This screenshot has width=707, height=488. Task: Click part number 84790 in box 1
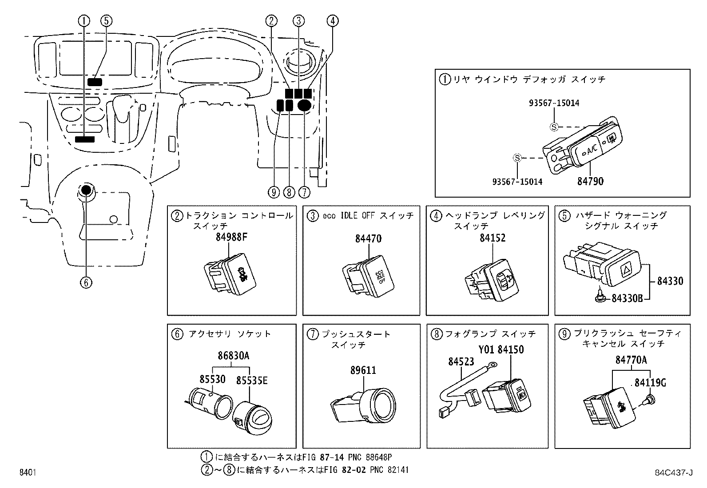coord(590,181)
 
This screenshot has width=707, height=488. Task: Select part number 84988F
coord(231,238)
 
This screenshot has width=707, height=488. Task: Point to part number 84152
coord(492,238)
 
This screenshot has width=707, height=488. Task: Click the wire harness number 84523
coord(461,361)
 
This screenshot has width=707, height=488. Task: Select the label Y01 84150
coord(501,349)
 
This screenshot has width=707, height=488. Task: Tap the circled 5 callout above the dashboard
coord(106,20)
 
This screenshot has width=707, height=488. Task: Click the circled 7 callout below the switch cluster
coord(304,192)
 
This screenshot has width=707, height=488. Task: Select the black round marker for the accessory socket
coord(86,190)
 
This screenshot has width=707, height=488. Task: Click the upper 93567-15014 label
coord(554,103)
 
